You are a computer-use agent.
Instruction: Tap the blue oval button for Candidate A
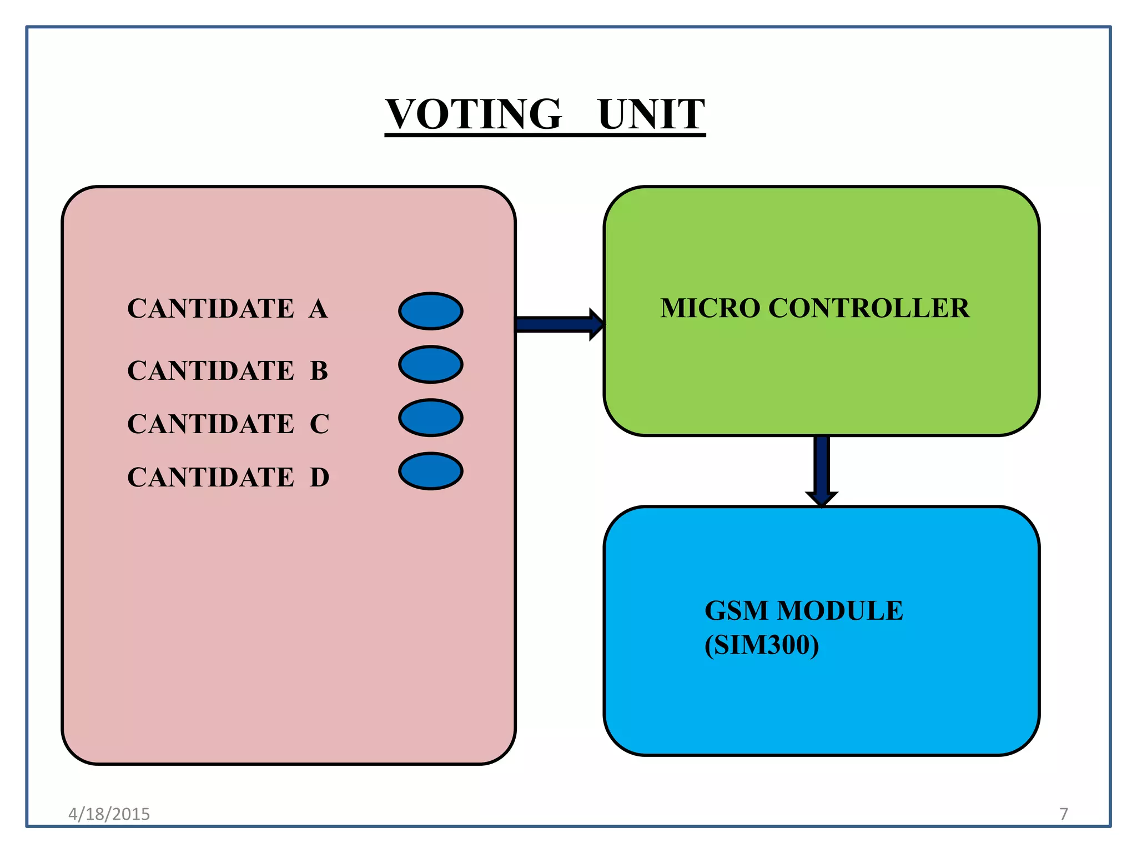pyautogui.click(x=431, y=311)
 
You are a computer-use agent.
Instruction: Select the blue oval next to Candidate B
pyautogui.click(x=431, y=364)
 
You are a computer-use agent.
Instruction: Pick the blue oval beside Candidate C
pyautogui.click(x=431, y=418)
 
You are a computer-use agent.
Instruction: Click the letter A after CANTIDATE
pyautogui.click(x=319, y=309)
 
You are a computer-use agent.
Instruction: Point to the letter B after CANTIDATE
pyautogui.click(x=319, y=370)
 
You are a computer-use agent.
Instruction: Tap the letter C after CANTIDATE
pyautogui.click(x=320, y=424)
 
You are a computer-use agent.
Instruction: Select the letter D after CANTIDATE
pyautogui.click(x=320, y=477)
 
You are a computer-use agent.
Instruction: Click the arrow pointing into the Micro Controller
pyautogui.click(x=559, y=324)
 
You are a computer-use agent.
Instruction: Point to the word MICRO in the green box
pyautogui.click(x=710, y=308)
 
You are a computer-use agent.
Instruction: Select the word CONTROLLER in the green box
pyautogui.click(x=869, y=308)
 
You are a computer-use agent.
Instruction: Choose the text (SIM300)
pyautogui.click(x=762, y=645)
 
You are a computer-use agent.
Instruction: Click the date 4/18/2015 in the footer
pyautogui.click(x=109, y=814)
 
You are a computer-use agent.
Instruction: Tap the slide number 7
pyautogui.click(x=1064, y=814)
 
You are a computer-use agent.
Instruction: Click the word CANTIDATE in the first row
pyautogui.click(x=210, y=309)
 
